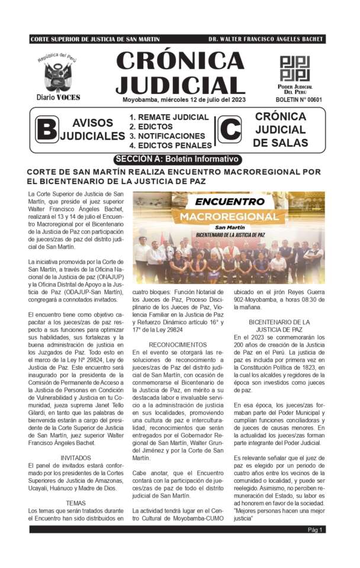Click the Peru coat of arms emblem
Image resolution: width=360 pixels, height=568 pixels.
coord(57,76)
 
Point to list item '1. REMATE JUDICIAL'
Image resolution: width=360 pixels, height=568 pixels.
coord(169,117)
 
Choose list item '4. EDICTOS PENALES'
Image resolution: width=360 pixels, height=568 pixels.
coord(171,145)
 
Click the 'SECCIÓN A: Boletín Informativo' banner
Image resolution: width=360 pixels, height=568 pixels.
coord(178,159)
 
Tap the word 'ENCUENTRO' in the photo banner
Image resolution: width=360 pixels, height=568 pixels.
coord(230,202)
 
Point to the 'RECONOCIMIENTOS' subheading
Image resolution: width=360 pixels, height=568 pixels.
coord(178,344)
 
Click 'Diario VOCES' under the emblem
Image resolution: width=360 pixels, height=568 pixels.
coord(58,97)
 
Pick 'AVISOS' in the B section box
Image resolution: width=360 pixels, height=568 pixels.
coord(92,122)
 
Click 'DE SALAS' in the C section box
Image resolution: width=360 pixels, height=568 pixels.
coord(280,143)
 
